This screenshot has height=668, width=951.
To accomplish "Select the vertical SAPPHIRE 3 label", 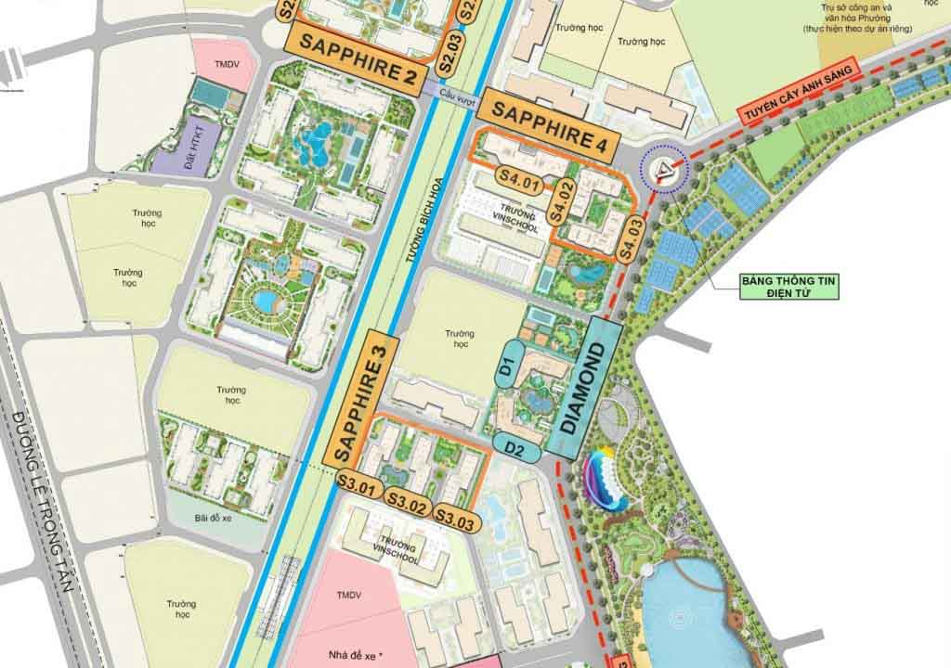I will click(x=360, y=397).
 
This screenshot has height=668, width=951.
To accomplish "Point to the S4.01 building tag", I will click(x=519, y=180).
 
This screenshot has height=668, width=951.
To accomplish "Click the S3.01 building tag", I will click(x=358, y=483).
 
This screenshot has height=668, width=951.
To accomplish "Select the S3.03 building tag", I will click(x=457, y=519).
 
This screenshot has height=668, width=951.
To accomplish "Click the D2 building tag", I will click(x=516, y=448).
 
